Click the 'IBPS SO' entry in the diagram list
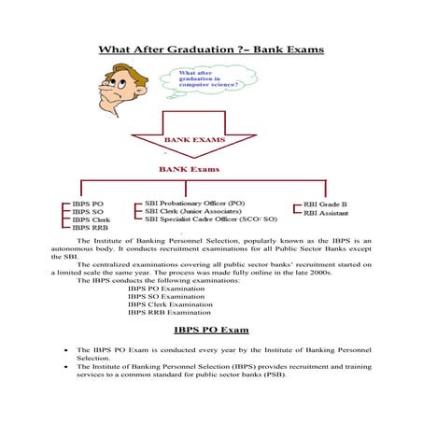click(x=88, y=212)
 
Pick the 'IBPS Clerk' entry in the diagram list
click(x=92, y=220)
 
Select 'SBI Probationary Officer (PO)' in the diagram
click(x=195, y=202)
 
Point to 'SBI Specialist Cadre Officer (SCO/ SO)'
click(x=211, y=219)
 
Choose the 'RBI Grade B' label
click(x=326, y=204)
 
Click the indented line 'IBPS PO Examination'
click(x=166, y=289)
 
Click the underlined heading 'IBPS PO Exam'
click(x=211, y=331)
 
